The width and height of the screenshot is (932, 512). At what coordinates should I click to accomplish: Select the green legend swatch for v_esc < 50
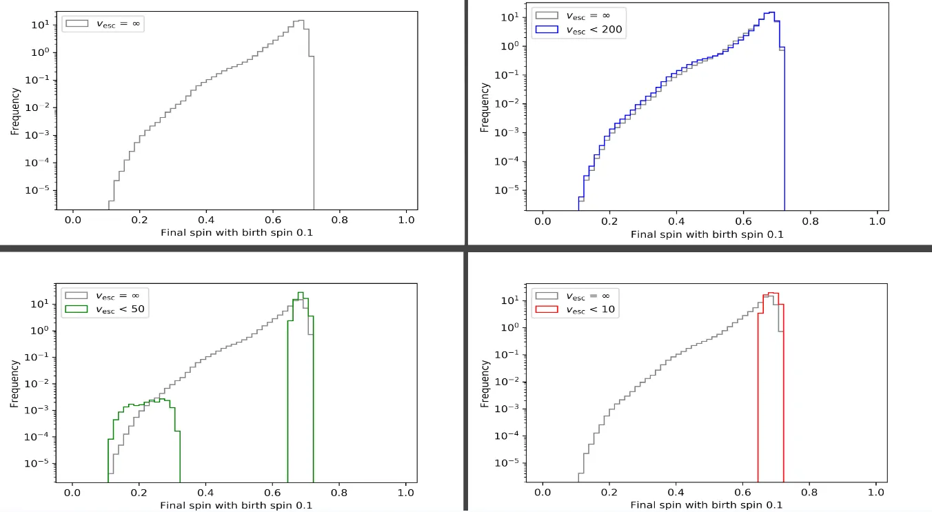76,308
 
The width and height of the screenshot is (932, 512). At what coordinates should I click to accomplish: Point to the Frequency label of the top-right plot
485,107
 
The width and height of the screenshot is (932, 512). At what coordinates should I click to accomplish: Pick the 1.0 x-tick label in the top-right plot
877,221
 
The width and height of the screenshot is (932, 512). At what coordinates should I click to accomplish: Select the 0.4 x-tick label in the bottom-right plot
676,493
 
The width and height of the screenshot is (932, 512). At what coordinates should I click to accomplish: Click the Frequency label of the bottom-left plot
14,384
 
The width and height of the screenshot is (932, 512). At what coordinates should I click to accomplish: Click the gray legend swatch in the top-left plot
76,23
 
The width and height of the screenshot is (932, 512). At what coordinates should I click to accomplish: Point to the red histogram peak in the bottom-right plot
772,293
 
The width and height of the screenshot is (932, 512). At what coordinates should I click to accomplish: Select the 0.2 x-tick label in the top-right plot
609,221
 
